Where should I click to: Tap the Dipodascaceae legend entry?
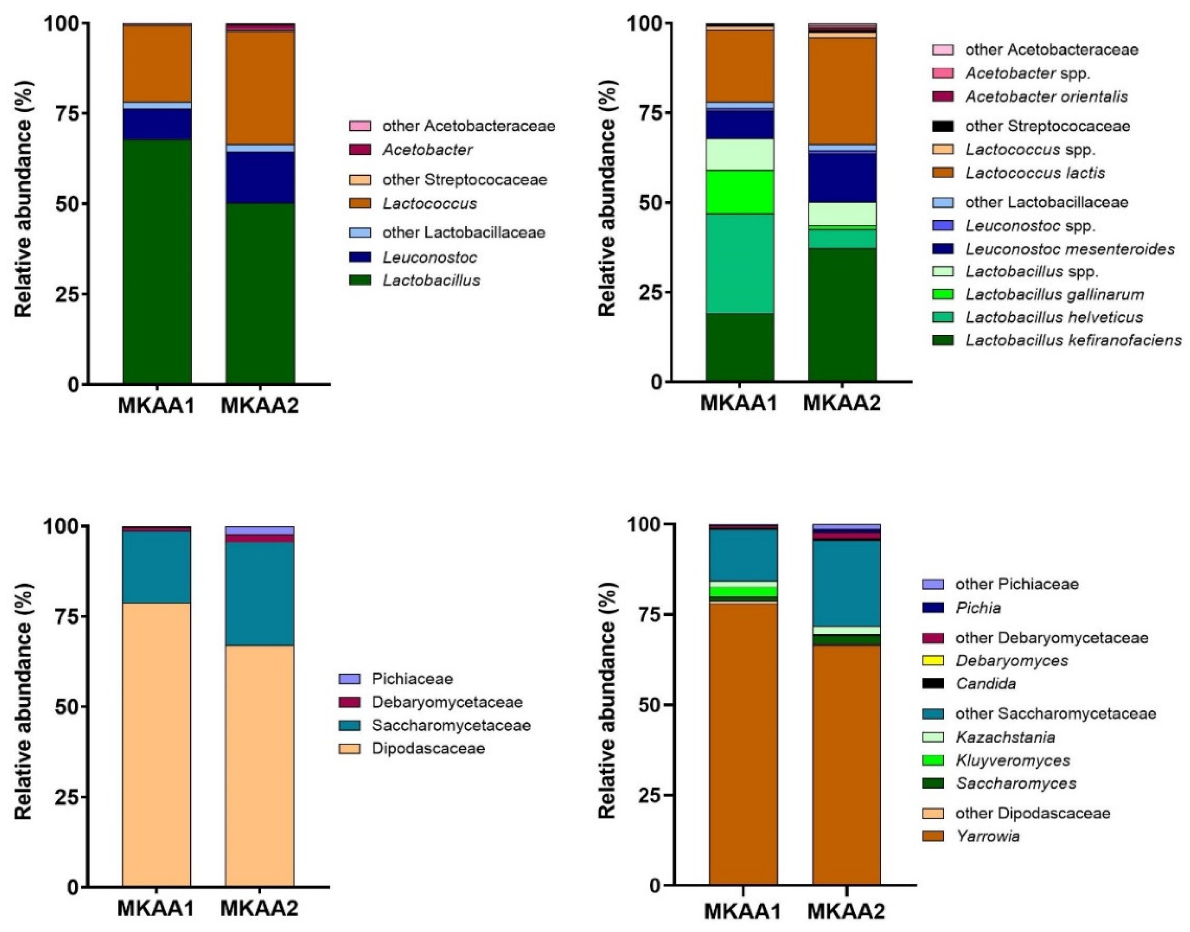(428, 748)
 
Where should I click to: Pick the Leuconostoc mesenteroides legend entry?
(1069, 249)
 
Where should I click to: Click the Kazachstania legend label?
(1005, 738)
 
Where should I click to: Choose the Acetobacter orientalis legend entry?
(1046, 97)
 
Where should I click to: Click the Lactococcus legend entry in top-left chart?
(430, 204)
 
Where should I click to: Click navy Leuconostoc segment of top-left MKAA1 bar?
(157, 124)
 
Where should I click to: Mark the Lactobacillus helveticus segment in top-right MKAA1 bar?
(740, 263)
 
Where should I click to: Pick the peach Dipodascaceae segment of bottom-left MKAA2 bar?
(260, 764)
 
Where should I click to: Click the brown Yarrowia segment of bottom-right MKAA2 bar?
(846, 764)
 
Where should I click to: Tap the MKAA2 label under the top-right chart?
(842, 404)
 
